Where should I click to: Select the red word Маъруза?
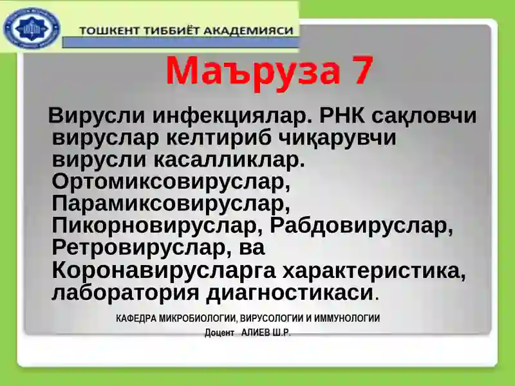[x=251, y=71]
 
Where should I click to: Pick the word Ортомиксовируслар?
[x=171, y=182]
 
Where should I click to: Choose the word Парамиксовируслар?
[x=171, y=204]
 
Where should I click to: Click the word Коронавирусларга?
[x=164, y=270]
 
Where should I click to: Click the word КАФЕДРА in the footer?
[x=137, y=318]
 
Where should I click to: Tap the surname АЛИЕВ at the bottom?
[x=256, y=333]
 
